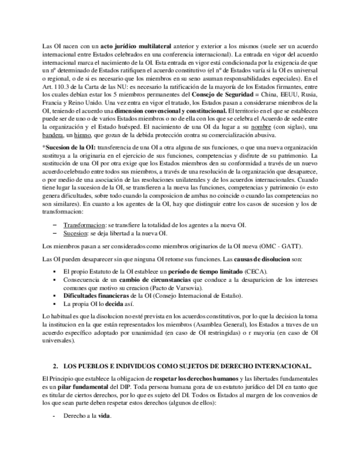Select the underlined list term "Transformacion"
[84, 225]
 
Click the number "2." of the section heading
[56, 366]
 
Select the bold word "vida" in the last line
[104, 417]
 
